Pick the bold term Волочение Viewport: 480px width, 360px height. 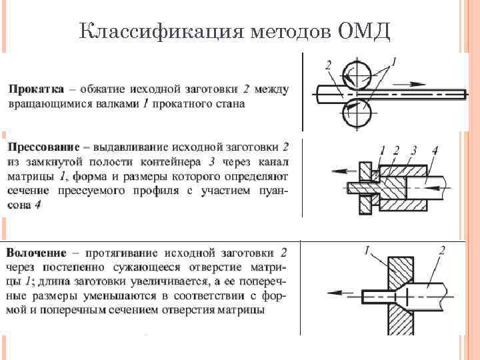coord(37,253)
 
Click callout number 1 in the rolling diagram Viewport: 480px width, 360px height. coord(393,61)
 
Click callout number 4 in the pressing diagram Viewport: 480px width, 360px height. coord(434,150)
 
